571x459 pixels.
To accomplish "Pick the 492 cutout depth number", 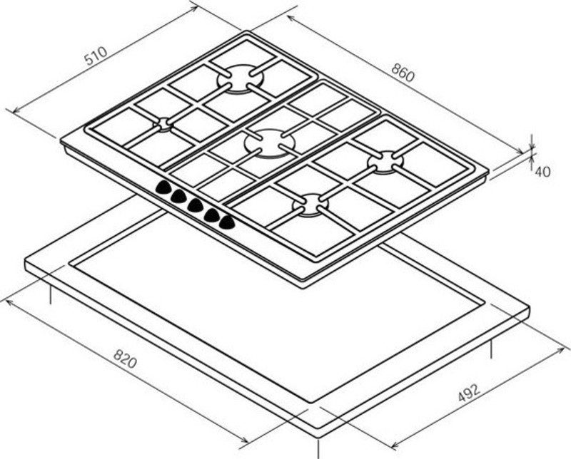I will [x=469, y=395].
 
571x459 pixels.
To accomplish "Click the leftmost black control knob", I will [x=164, y=188].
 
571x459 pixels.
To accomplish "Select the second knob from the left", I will [x=179, y=196].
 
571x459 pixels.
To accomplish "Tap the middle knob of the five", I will [x=196, y=205].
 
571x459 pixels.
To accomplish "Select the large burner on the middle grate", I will [x=266, y=141].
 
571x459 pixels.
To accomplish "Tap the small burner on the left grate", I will [x=164, y=124].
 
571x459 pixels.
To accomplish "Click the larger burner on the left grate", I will [x=240, y=78].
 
